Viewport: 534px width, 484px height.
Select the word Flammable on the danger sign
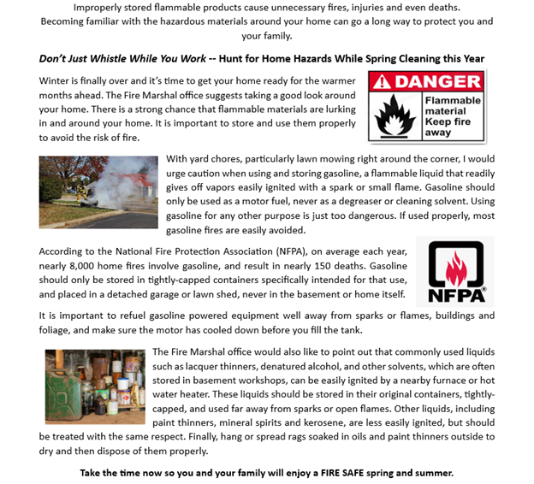(454, 101)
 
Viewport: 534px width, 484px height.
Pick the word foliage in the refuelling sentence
(57, 330)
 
